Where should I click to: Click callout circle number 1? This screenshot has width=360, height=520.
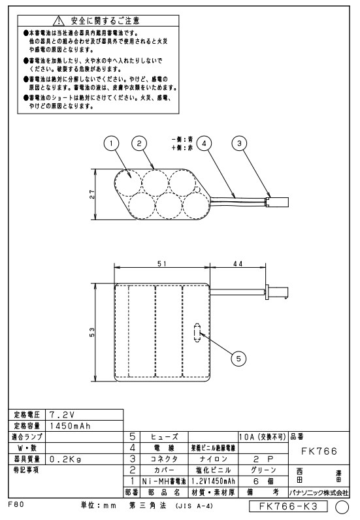[x=111, y=144]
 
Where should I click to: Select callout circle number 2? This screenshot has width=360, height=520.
[x=139, y=144]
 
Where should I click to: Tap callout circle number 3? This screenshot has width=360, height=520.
[x=239, y=144]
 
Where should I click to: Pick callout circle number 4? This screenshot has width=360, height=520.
[x=204, y=144]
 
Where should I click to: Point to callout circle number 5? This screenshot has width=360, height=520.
[x=238, y=359]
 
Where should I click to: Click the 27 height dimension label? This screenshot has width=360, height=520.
[x=92, y=194]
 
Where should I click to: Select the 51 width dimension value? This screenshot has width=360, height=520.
[x=162, y=264]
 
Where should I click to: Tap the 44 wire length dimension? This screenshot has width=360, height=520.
[x=238, y=264]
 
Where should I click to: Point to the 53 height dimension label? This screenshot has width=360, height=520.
[x=92, y=333]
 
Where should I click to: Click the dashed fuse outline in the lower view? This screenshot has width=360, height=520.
[x=197, y=333]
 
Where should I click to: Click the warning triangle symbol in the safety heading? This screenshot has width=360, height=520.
[x=58, y=21]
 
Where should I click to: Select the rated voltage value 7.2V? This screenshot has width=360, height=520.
[x=62, y=415]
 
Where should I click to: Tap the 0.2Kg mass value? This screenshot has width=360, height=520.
[x=65, y=459]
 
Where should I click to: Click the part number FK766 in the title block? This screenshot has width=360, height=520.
[x=319, y=451]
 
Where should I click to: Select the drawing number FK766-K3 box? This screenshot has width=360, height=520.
[x=288, y=506]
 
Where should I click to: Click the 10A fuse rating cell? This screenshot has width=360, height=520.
[x=263, y=437]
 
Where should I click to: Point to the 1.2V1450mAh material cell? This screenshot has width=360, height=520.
[x=214, y=481]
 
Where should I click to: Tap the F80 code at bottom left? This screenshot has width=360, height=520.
[x=16, y=504]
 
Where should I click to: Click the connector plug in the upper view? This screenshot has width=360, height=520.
[x=278, y=202]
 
